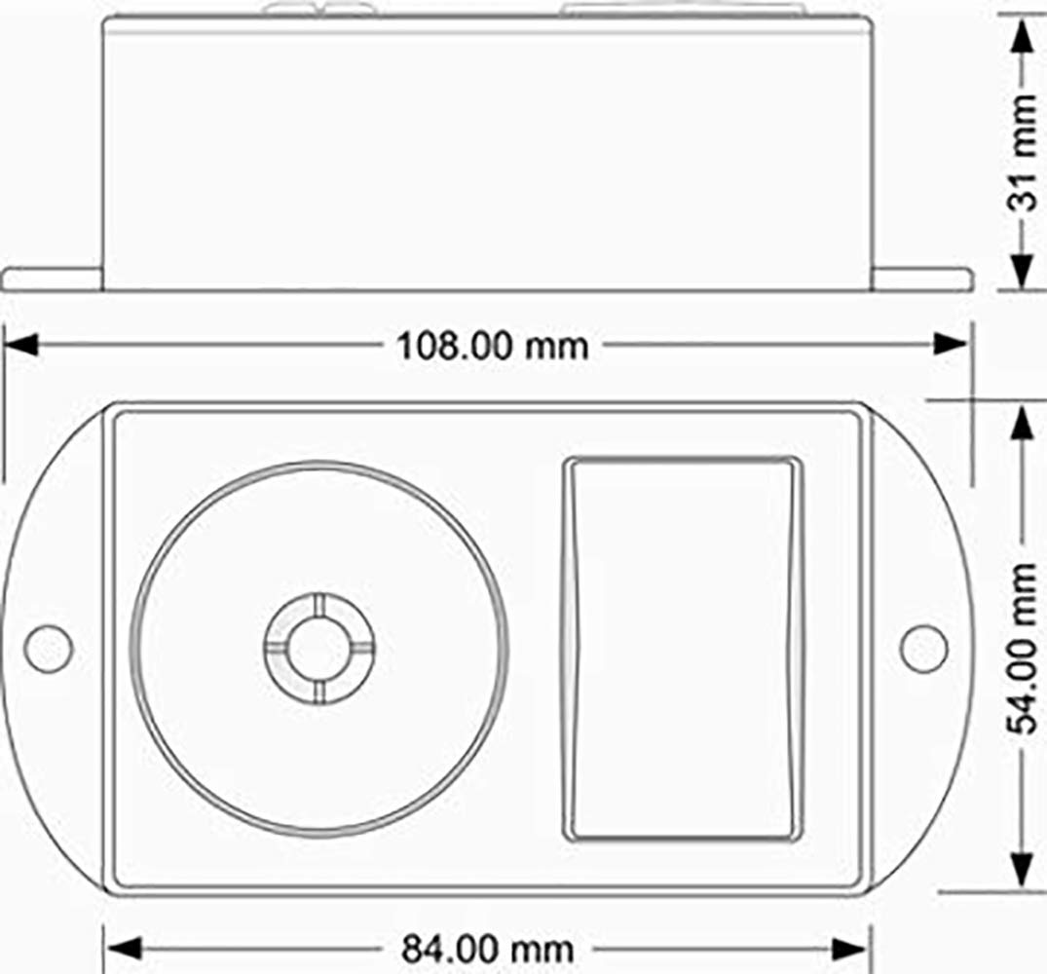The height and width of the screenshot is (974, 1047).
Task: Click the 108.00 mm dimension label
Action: pyautogui.click(x=492, y=346)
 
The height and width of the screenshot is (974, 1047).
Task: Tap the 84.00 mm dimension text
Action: pyautogui.click(x=487, y=949)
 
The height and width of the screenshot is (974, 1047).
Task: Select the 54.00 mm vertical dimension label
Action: pyautogui.click(x=1022, y=649)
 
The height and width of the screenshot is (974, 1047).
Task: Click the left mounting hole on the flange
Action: pyautogui.click(x=48, y=649)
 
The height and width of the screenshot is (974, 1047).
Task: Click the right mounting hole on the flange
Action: pyautogui.click(x=924, y=649)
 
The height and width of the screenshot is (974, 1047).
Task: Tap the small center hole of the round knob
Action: pyautogui.click(x=319, y=649)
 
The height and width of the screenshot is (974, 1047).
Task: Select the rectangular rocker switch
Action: pyautogui.click(x=682, y=649)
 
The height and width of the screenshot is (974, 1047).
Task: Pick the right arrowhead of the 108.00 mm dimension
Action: pyautogui.click(x=951, y=345)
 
